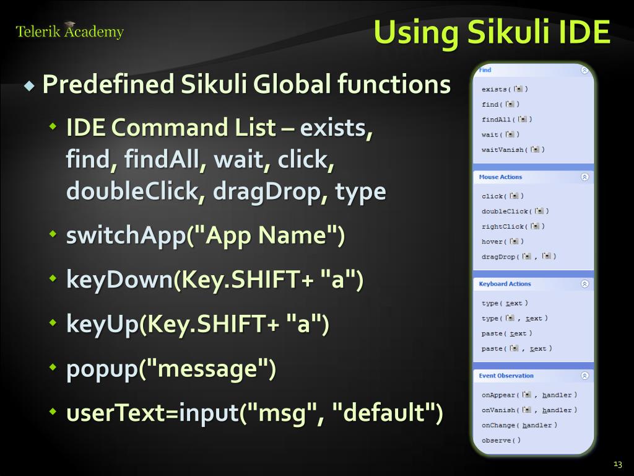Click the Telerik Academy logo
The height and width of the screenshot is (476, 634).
coord(69,31)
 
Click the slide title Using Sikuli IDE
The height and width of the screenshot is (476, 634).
coord(492,32)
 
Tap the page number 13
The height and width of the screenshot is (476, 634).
coord(617,464)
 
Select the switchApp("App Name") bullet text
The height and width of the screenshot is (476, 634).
coord(205,236)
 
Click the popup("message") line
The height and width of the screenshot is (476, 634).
coord(171,369)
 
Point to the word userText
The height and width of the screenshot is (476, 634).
coord(118,413)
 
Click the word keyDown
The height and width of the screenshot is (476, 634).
coord(119,280)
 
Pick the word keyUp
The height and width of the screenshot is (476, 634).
coord(102,324)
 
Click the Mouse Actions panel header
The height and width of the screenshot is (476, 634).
coord(500,177)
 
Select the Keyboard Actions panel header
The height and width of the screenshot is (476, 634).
coord(505,284)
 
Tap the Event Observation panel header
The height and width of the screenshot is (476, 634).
coord(506,376)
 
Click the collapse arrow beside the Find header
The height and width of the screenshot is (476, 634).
coord(584,71)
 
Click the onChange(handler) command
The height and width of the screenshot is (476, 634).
coord(519,425)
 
